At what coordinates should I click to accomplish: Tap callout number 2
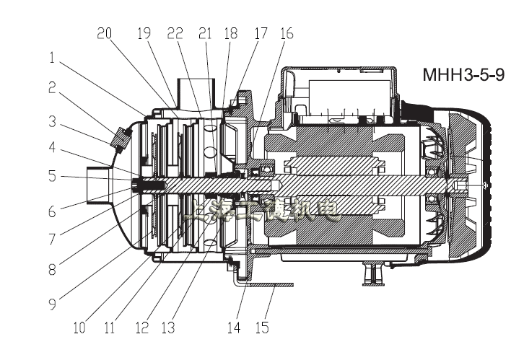[51, 87]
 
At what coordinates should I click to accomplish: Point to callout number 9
[51, 304]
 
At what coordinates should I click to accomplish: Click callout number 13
[167, 328]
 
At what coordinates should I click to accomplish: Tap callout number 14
[233, 328]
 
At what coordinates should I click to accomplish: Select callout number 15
[262, 328]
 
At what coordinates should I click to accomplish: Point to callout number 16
[287, 33]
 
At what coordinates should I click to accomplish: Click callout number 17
[259, 33]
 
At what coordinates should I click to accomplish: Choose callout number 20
[105, 33]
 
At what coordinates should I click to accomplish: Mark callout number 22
[174, 33]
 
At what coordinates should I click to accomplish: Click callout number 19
[144, 33]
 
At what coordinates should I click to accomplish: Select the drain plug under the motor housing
[372, 272]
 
